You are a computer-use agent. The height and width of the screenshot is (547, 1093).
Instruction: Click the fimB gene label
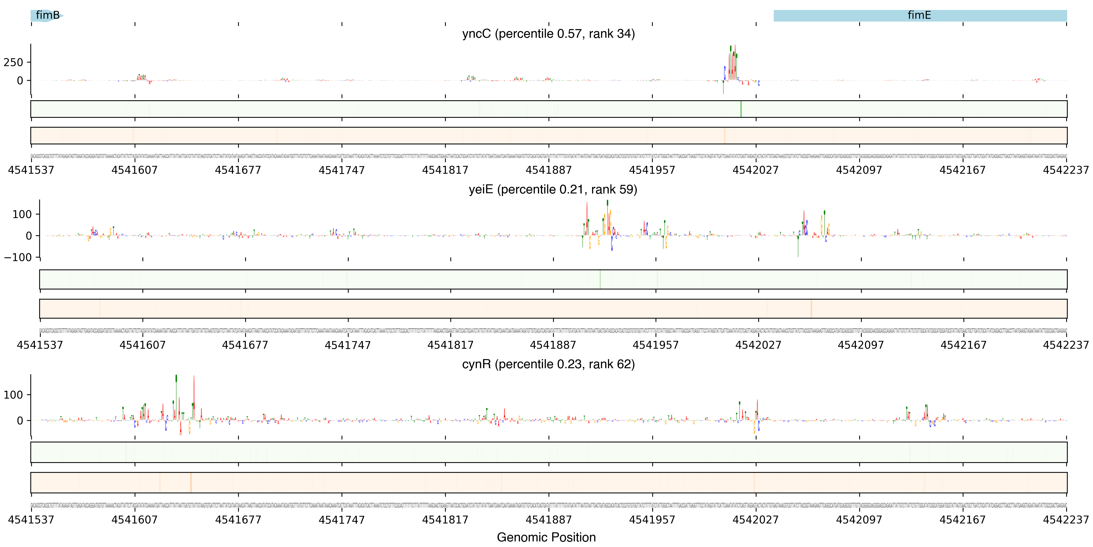48,15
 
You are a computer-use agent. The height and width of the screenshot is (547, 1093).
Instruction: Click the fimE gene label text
919,15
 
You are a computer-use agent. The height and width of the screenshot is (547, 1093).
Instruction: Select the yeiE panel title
552,189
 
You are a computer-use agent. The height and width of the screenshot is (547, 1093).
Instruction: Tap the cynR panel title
548,364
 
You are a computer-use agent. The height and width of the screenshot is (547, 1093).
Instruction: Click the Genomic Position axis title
546,537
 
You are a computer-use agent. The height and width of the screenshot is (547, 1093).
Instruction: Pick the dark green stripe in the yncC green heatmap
741,109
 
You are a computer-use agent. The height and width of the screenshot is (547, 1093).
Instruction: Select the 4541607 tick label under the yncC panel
135,170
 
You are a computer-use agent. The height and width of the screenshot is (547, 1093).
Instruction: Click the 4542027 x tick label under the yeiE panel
758,345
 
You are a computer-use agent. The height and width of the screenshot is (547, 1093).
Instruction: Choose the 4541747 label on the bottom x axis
342,520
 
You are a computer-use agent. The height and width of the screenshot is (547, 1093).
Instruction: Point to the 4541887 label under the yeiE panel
553,345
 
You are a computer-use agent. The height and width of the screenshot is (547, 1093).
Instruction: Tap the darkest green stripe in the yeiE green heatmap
600,279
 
